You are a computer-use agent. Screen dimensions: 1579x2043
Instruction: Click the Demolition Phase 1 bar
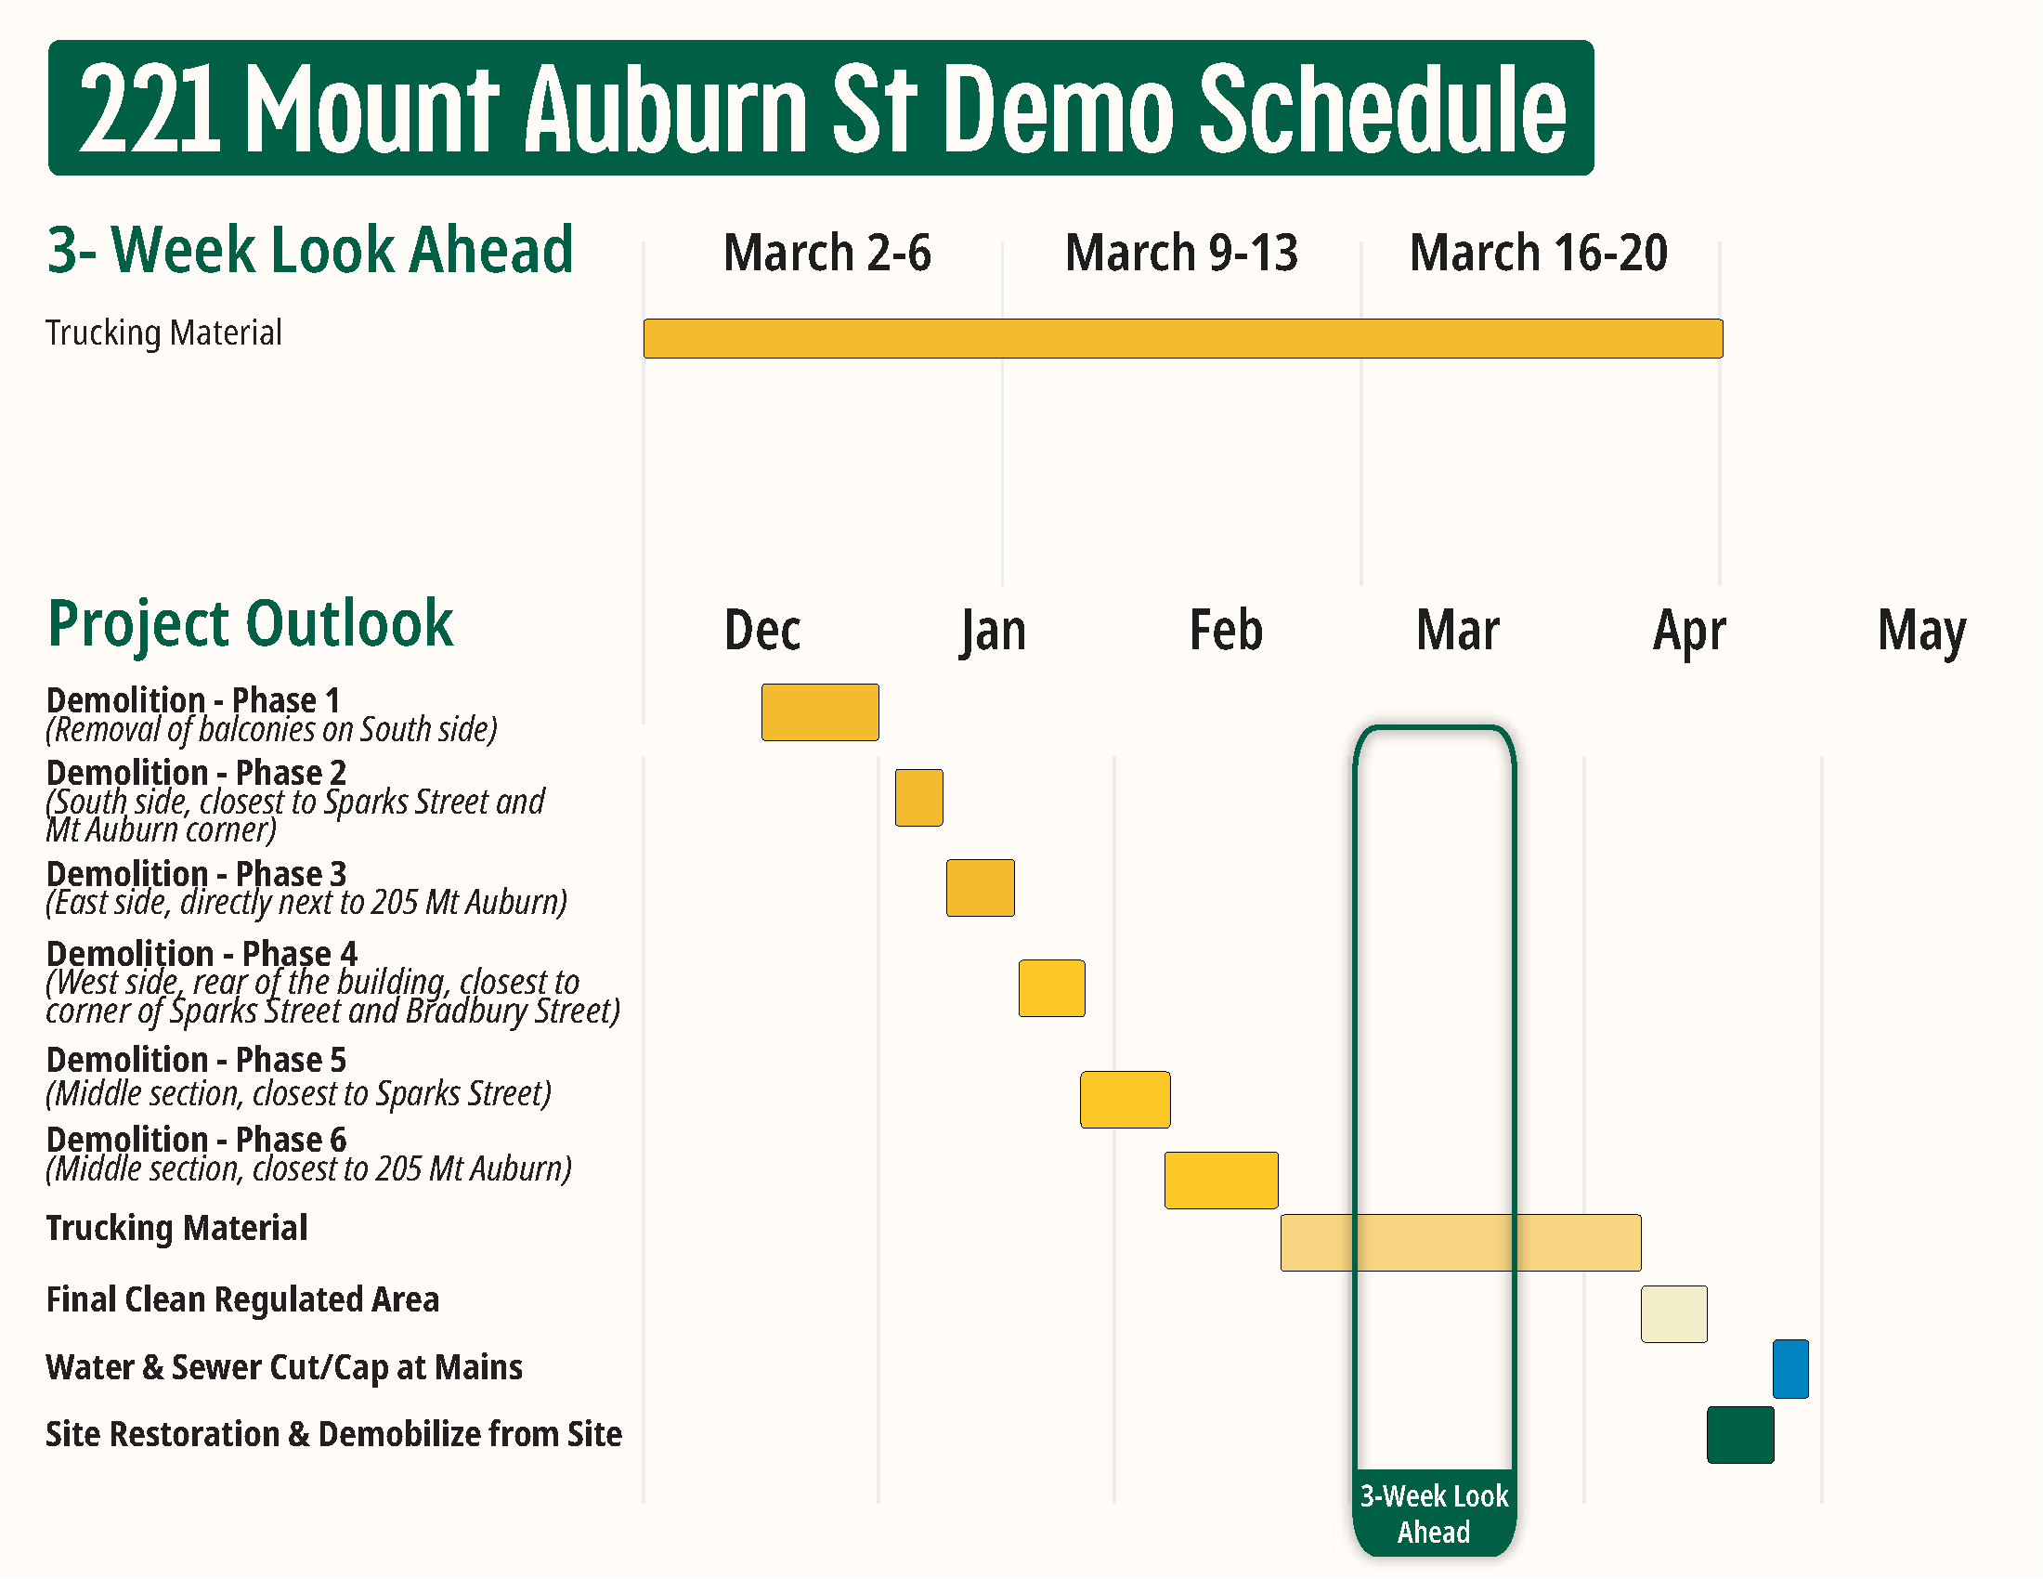coord(819,712)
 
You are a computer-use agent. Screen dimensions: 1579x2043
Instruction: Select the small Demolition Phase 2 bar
coord(918,798)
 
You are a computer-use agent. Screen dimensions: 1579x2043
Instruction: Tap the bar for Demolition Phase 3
coord(980,888)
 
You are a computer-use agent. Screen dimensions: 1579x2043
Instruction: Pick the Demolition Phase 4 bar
coord(1051,988)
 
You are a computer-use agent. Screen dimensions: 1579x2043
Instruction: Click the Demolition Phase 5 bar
coord(1125,1100)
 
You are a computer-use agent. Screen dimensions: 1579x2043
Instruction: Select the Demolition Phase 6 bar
coord(1221,1181)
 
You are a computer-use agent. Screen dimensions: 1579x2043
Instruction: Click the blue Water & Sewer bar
coord(1789,1369)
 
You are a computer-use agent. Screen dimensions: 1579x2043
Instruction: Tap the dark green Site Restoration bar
coord(1740,1435)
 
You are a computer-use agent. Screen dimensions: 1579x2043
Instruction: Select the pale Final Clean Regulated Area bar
coord(1673,1314)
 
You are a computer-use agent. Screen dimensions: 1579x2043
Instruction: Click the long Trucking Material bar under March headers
coord(1182,339)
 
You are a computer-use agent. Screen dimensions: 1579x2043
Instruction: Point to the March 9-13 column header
coord(1181,253)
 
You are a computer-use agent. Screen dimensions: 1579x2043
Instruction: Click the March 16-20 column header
coord(1538,253)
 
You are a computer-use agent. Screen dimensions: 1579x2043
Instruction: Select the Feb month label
coord(1226,630)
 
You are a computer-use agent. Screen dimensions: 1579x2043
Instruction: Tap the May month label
coord(1921,632)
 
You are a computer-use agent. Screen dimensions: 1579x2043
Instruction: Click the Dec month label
coord(762,630)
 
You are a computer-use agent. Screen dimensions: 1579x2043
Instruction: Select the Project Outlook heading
coord(250,623)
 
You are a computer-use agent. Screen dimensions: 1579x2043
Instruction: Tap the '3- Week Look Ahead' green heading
coord(309,250)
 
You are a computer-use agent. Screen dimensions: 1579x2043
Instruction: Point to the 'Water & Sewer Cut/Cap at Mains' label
coord(283,1367)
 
